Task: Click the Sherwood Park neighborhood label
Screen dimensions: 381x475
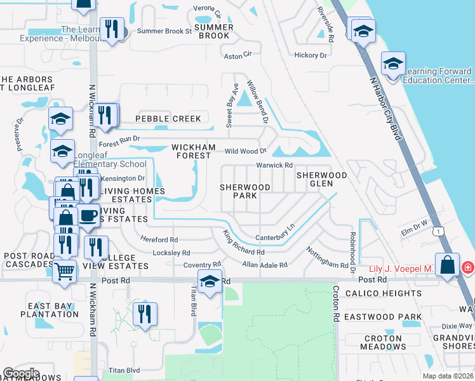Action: (x=245, y=191)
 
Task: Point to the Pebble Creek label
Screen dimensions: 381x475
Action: (x=168, y=119)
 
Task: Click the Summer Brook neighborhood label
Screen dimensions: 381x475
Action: (x=213, y=31)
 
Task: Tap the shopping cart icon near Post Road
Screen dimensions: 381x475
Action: (x=64, y=272)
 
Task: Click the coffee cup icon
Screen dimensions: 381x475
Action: (x=88, y=216)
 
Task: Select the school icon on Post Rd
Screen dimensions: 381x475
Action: (x=209, y=281)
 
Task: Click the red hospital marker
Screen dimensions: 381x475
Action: (x=467, y=268)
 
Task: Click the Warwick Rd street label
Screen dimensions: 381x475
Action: (x=274, y=165)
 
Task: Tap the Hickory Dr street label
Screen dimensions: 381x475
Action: (x=311, y=55)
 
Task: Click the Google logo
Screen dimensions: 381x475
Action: (x=21, y=373)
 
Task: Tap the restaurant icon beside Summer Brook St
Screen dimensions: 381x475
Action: (x=112, y=29)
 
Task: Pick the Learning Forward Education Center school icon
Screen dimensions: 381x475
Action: (x=393, y=64)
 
